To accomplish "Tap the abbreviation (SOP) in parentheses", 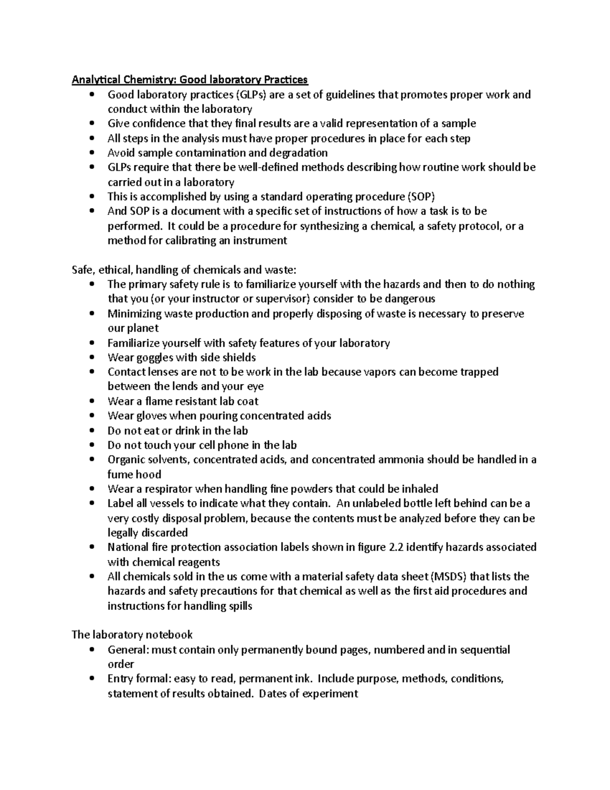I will click(422, 197).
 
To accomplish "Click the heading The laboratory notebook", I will click(132, 635).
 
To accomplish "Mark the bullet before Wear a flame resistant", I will click(91, 402).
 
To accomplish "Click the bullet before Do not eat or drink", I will click(91, 431).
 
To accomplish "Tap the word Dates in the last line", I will click(272, 694).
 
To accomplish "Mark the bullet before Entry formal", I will click(91, 679).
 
